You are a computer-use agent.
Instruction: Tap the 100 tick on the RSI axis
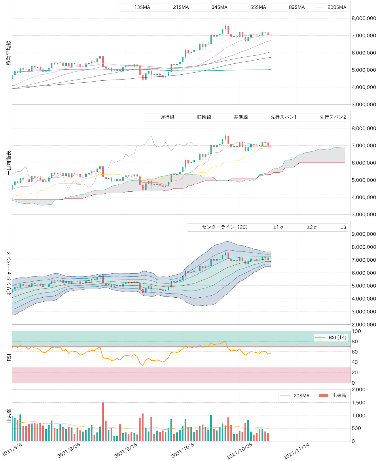coord(356,331)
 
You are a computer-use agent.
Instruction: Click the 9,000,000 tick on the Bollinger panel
coord(363,234)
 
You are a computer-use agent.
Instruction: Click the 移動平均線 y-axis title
coord(9,53)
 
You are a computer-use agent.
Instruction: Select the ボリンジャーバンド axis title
coord(9,273)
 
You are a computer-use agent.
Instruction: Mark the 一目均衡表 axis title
coord(9,163)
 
